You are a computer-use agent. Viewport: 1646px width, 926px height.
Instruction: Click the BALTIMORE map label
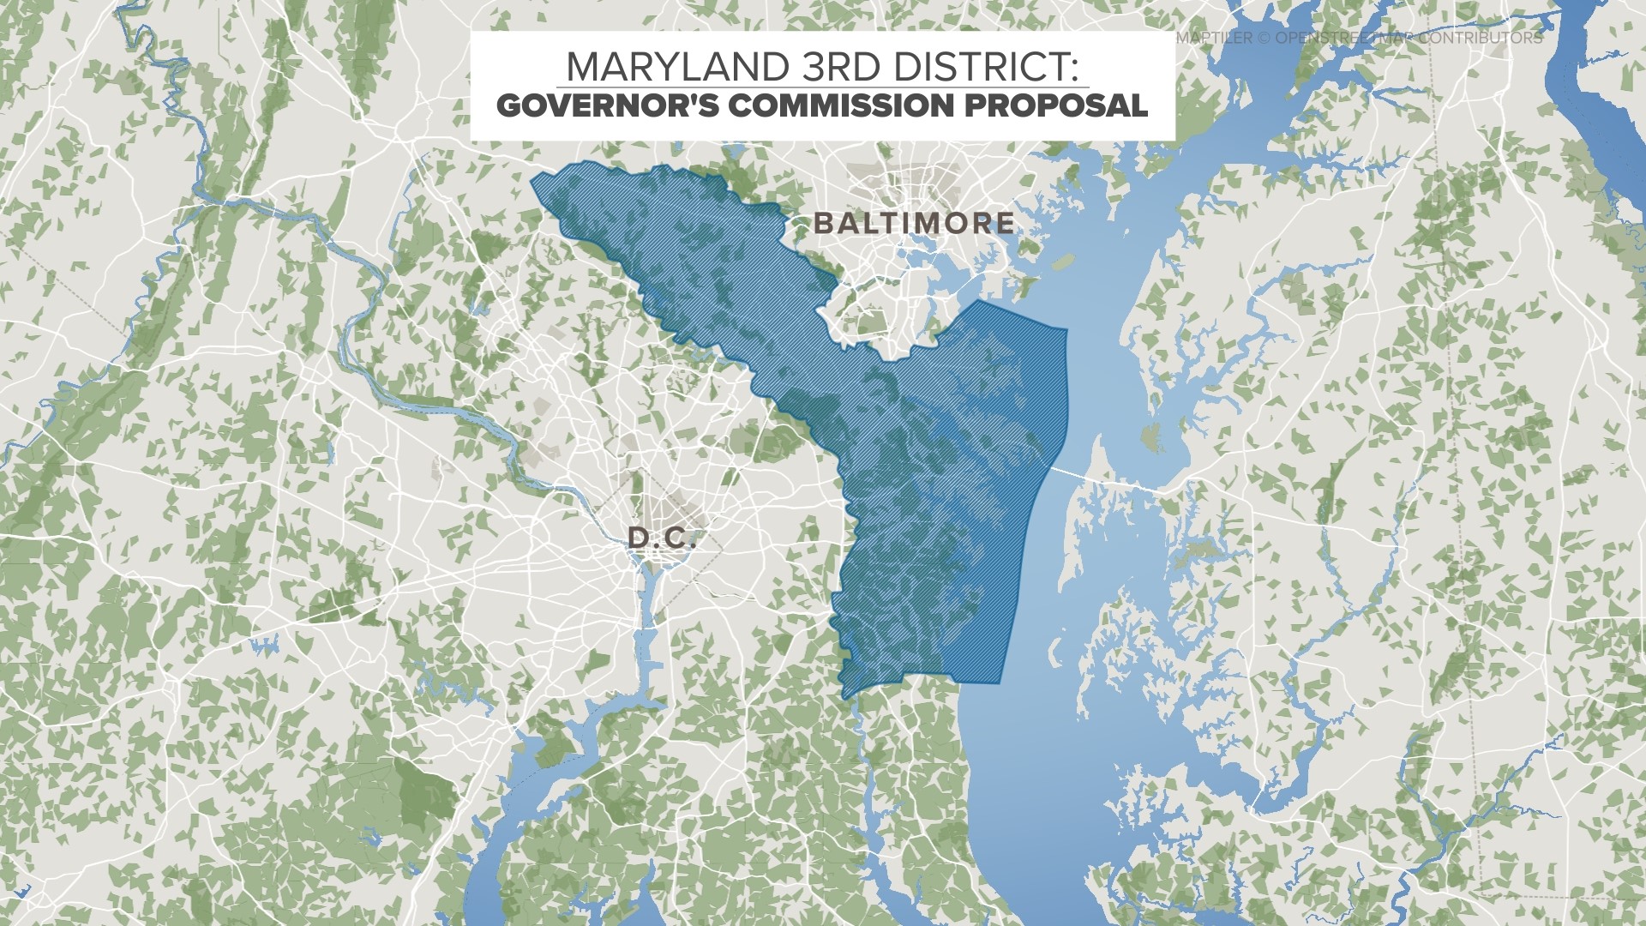click(x=914, y=224)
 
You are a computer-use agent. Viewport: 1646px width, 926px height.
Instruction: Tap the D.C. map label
click(x=661, y=538)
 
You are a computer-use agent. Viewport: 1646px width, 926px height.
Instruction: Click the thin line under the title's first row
click(x=823, y=87)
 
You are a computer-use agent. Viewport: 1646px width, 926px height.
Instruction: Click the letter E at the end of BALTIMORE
click(x=1005, y=224)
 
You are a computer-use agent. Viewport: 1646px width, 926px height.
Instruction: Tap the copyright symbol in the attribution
click(x=1263, y=39)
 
